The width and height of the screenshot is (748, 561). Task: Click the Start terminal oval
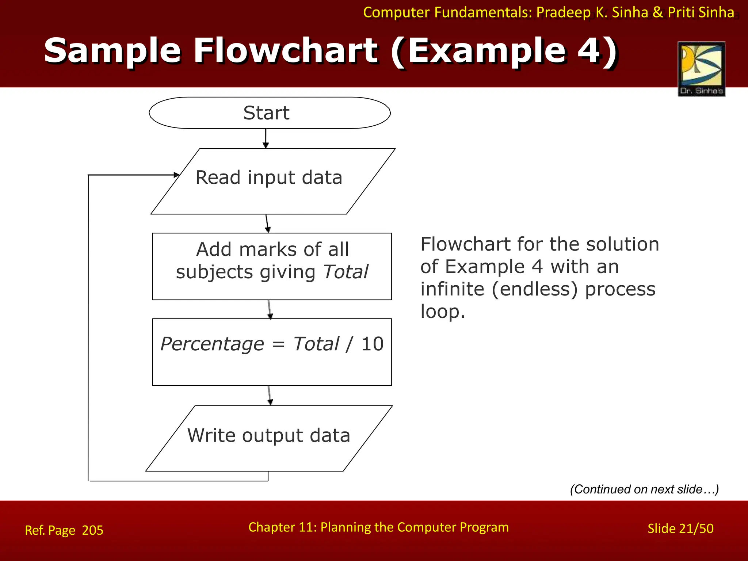pos(270,113)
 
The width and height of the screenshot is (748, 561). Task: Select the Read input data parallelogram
pos(272,182)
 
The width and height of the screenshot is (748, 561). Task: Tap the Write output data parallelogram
pos(269,438)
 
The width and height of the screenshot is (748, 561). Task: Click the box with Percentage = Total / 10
pos(272,352)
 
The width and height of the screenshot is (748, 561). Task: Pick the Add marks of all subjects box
pos(272,266)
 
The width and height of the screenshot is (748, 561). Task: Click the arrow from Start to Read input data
pos(266,138)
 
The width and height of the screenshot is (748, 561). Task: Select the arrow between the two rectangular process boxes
pos(270,309)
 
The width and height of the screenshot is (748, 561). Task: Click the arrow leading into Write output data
pos(270,396)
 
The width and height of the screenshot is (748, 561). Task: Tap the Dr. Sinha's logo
pos(701,69)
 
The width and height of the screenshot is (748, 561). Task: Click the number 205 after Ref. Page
pos(92,530)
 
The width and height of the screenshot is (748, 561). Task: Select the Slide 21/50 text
pos(680,528)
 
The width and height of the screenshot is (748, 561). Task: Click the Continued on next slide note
pos(644,489)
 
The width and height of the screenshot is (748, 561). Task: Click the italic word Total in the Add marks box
pos(346,272)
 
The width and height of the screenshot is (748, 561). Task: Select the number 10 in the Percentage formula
pos(372,344)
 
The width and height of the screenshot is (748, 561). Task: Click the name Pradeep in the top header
pos(563,12)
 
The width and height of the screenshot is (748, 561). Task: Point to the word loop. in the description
pos(442,312)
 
